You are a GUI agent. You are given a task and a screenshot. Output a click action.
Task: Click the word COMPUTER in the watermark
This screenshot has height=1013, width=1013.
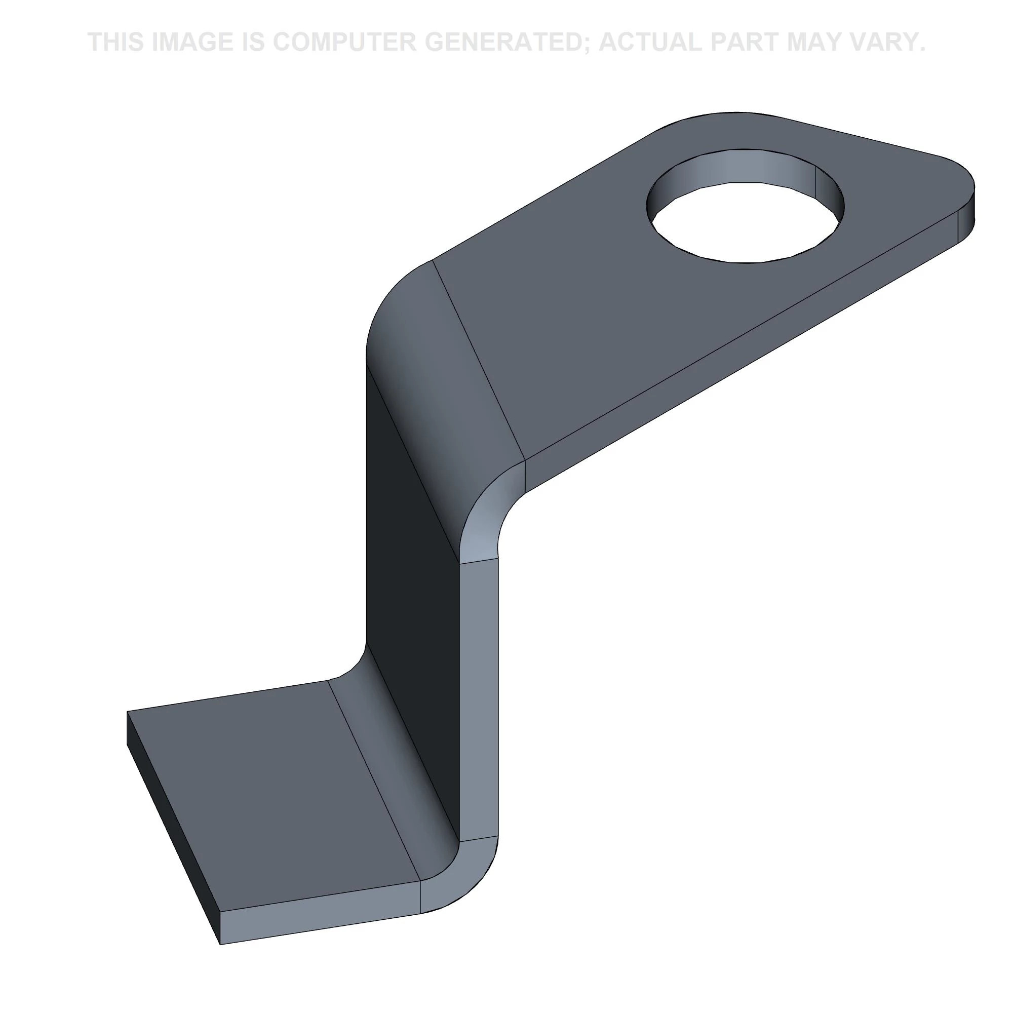[x=344, y=42]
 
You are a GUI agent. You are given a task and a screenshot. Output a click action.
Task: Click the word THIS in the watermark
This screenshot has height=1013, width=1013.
[x=116, y=42]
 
